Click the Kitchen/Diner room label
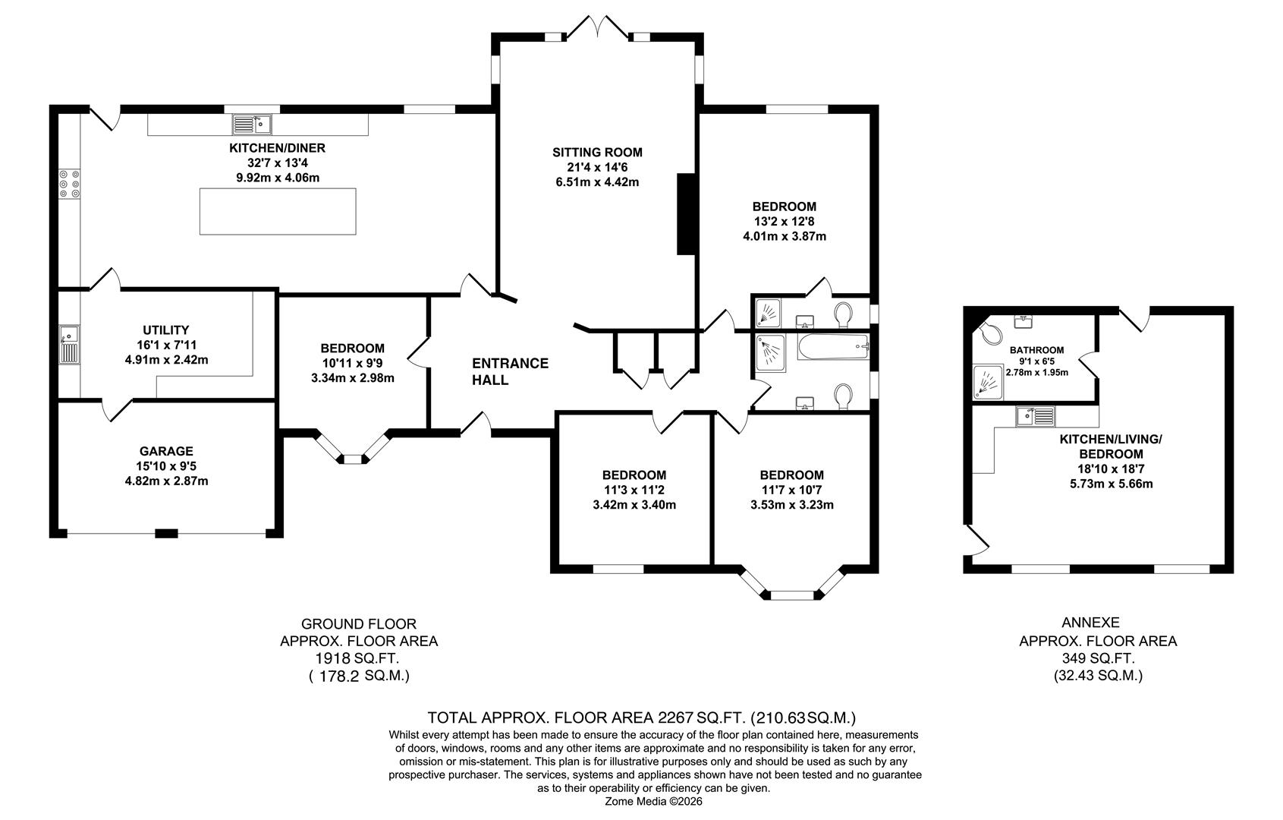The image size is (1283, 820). point(277,148)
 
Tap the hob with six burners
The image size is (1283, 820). point(70,184)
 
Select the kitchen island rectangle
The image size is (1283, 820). point(278,211)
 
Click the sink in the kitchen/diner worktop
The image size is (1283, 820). point(252,124)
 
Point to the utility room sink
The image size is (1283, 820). point(69,344)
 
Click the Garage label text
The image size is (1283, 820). point(166,451)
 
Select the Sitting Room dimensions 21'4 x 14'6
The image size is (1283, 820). point(597,167)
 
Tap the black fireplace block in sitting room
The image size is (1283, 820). point(686,213)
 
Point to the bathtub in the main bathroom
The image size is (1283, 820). point(832,348)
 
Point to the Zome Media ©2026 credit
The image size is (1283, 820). point(653,801)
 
